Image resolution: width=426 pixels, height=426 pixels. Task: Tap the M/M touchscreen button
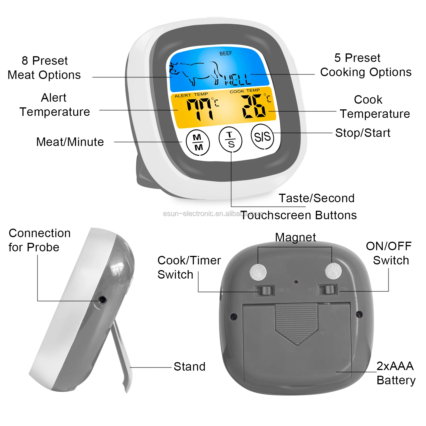[x=198, y=143]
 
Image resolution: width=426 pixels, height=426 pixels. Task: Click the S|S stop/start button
[x=262, y=137]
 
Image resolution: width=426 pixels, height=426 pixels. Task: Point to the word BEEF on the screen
[x=226, y=53]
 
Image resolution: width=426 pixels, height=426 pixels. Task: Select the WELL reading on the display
[x=238, y=80]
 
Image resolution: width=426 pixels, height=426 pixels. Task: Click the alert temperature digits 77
[x=200, y=109]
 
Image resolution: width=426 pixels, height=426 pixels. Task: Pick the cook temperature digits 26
[x=254, y=106]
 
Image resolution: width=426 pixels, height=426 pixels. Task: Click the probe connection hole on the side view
[x=102, y=299]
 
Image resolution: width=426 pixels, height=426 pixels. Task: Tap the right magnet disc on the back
[x=333, y=271]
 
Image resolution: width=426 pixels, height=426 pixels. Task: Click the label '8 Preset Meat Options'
[x=44, y=68]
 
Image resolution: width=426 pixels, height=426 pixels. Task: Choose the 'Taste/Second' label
[x=316, y=198]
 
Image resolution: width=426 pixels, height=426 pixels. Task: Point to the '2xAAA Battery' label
[x=396, y=373]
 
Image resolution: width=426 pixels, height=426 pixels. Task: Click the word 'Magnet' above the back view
[x=295, y=237]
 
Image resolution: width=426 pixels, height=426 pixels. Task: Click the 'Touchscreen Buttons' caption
[x=299, y=215]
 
